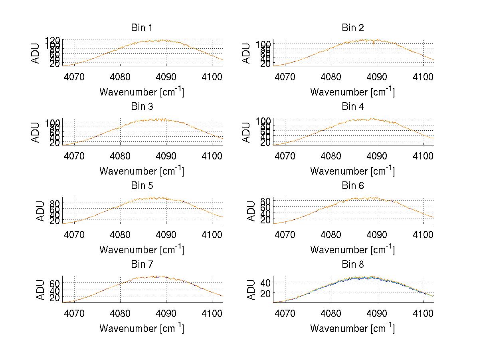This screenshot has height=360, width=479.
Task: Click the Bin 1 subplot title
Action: click(141, 28)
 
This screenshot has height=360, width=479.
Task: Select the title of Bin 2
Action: click(353, 28)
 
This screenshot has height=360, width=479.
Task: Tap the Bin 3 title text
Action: click(141, 107)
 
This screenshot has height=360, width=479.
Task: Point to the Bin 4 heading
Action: click(353, 107)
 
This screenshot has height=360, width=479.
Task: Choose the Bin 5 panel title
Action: click(141, 186)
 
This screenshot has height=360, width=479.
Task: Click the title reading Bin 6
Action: click(353, 186)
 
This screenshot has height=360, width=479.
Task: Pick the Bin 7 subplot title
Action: click(141, 265)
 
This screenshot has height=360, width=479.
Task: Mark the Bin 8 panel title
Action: click(353, 265)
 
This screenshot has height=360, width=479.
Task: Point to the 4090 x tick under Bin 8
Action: click(377, 313)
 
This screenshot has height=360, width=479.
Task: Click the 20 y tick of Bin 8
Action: click(266, 293)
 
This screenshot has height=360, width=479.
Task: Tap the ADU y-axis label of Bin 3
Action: click(36, 132)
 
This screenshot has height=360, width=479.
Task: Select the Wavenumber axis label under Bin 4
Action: click(352, 171)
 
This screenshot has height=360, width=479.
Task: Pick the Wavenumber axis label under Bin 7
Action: click(141, 328)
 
